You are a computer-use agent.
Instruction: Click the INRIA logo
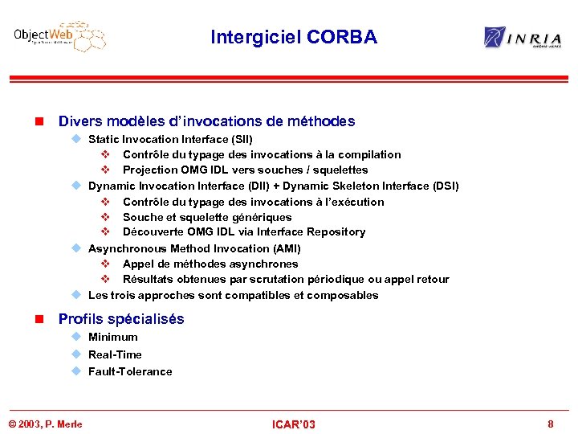(x=522, y=37)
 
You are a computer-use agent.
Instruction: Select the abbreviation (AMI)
(x=287, y=248)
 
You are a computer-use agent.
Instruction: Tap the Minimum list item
(x=113, y=338)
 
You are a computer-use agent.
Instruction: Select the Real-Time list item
(x=115, y=354)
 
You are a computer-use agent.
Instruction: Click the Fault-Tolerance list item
(x=130, y=371)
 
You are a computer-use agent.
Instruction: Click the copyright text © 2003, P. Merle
(x=45, y=424)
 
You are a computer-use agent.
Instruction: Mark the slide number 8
(x=550, y=424)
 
